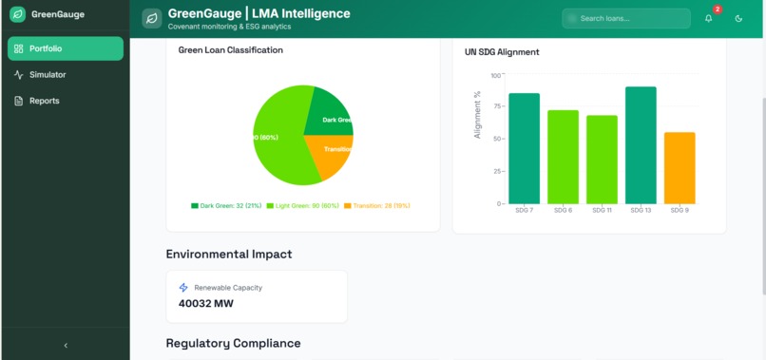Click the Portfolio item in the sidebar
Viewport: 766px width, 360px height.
click(65, 48)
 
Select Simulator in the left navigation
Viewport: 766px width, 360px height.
click(48, 75)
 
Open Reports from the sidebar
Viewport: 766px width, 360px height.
click(44, 101)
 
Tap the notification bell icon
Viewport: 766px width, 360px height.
click(708, 18)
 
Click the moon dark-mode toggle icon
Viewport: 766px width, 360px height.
click(738, 18)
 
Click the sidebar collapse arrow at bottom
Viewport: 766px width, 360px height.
click(65, 346)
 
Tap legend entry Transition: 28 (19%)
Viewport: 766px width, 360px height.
click(377, 205)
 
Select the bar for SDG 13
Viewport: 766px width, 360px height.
click(641, 144)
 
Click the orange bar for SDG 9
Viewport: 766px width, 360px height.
click(680, 167)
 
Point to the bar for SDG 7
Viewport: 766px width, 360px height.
click(524, 147)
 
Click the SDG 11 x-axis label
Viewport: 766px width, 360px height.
click(602, 210)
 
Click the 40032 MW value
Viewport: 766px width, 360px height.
click(205, 304)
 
